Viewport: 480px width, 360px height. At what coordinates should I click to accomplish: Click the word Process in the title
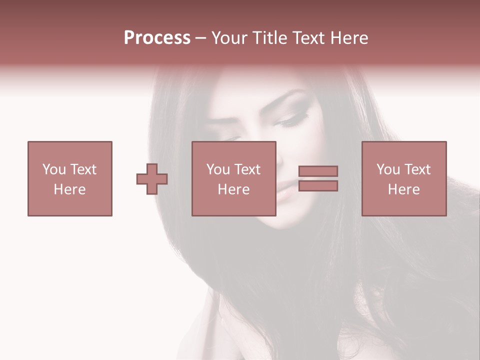157,38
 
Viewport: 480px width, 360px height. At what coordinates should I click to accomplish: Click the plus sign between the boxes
152,178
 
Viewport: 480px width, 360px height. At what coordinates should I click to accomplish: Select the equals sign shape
318,178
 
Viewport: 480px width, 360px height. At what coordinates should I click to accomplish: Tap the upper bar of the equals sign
318,171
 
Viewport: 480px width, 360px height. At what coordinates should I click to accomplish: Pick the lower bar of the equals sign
318,186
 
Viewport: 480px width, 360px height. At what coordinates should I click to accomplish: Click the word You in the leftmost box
53,169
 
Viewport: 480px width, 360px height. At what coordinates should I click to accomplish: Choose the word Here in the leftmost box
69,189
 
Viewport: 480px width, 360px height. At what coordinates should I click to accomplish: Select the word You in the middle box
217,169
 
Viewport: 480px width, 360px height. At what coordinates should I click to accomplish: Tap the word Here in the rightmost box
403,189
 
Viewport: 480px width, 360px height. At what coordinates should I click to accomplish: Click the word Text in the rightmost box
417,169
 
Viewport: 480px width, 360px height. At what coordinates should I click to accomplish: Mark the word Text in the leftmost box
83,169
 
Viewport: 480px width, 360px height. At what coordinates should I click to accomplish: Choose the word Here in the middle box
233,189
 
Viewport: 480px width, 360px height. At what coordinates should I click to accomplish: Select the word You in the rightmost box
387,169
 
